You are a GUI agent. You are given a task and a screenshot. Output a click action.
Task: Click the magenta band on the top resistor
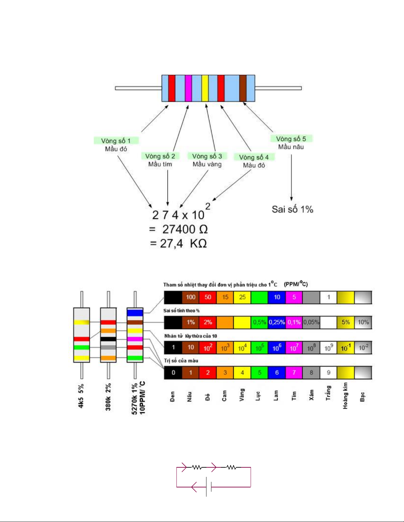tap(188, 88)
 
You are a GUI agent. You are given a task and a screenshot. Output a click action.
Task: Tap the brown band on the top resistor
tap(243, 88)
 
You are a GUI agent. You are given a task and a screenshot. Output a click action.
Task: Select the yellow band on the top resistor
tap(205, 88)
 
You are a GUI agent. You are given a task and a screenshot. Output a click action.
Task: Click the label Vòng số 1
tap(116, 141)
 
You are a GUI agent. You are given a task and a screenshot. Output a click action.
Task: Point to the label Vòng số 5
tap(291, 139)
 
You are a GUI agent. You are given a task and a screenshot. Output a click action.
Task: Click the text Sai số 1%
tap(292, 209)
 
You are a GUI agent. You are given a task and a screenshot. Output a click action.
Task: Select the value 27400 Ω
tap(185, 229)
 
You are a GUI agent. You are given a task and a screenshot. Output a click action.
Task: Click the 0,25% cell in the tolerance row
tap(277, 322)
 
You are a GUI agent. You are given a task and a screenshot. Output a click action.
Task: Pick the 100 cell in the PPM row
tap(191, 297)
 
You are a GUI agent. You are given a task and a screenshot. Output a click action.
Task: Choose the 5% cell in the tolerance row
tap(346, 322)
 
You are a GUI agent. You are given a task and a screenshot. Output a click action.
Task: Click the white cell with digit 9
tap(328, 372)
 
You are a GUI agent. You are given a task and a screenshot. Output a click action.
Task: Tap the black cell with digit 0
tap(173, 372)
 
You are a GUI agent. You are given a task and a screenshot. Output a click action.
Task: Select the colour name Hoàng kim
tap(345, 396)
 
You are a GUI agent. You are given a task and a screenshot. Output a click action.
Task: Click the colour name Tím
tap(294, 396)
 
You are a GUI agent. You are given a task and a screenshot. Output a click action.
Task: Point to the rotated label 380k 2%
tap(108, 397)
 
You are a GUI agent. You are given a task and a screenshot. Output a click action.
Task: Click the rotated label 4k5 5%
tap(81, 396)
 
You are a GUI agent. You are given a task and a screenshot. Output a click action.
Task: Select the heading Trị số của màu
tap(181, 361)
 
